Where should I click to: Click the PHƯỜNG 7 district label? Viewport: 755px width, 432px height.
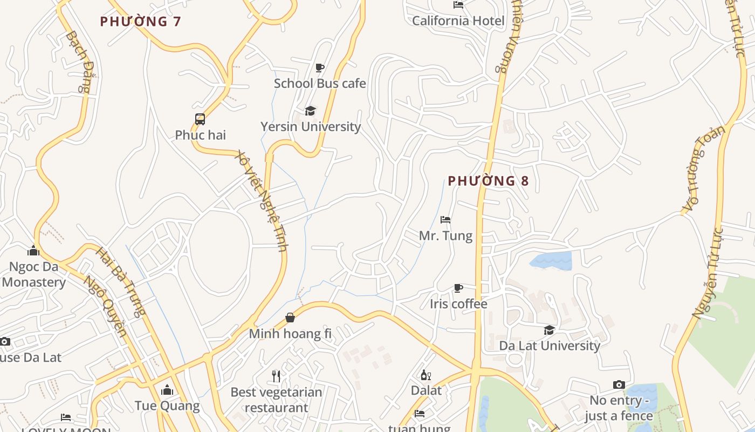point(141,22)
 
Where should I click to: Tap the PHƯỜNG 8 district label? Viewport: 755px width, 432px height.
point(488,181)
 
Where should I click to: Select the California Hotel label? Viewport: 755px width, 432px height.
point(458,21)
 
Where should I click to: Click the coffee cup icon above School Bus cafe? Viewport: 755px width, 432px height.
point(320,67)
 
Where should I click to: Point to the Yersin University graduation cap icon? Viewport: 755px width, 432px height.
point(310,111)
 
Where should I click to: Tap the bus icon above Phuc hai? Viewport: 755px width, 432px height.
point(200,119)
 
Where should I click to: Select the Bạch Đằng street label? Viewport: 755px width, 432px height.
point(78,62)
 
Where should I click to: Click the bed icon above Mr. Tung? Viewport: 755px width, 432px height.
point(445,220)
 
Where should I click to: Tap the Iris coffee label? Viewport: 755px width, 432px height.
point(458,304)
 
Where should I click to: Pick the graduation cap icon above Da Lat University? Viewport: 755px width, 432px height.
point(549,330)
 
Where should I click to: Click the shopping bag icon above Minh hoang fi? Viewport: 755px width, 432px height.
point(290,318)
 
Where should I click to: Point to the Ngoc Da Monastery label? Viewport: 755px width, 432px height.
point(33,274)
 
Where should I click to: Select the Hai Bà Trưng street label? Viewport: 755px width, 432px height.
point(121,281)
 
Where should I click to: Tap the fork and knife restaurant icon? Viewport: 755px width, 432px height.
point(276,376)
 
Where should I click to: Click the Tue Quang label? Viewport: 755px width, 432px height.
point(167,406)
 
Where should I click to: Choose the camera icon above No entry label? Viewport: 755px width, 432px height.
point(619,384)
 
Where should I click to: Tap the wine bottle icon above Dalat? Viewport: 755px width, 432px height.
point(425,375)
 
